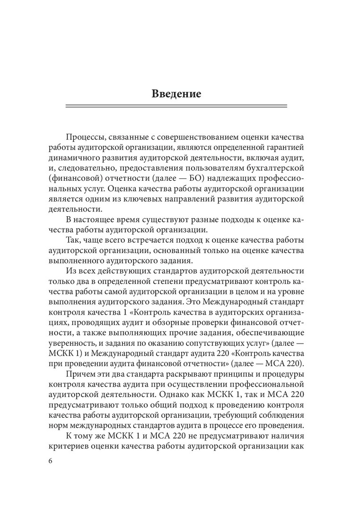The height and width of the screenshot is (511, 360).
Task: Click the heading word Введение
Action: coord(176,93)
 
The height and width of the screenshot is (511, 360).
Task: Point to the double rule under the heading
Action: coord(176,107)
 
